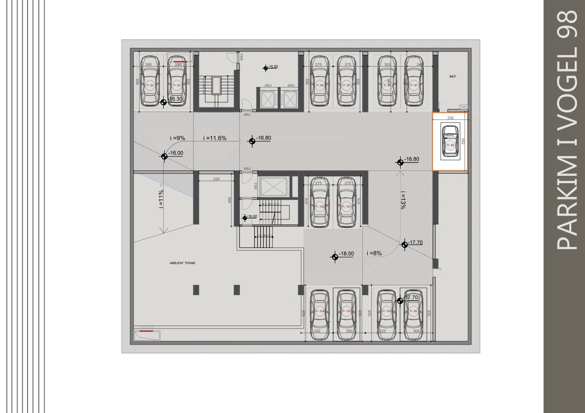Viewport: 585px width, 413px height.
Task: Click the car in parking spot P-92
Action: point(150,81)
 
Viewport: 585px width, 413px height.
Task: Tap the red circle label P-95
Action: point(347,85)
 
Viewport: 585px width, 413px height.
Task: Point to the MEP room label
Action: point(453,77)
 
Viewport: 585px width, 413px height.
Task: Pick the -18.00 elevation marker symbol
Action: point(334,256)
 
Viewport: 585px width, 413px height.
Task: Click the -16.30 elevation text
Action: point(175,99)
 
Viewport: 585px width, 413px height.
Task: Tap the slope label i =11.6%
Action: point(214,138)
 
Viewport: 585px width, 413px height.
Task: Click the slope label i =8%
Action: point(374,253)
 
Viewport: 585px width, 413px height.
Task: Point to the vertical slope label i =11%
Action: point(161,199)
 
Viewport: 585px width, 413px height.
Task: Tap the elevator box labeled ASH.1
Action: point(268,99)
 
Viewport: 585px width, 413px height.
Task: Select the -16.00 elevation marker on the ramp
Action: point(164,157)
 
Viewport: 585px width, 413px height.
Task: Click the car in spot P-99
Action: point(414,312)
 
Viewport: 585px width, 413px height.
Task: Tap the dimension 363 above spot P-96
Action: point(387,65)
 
